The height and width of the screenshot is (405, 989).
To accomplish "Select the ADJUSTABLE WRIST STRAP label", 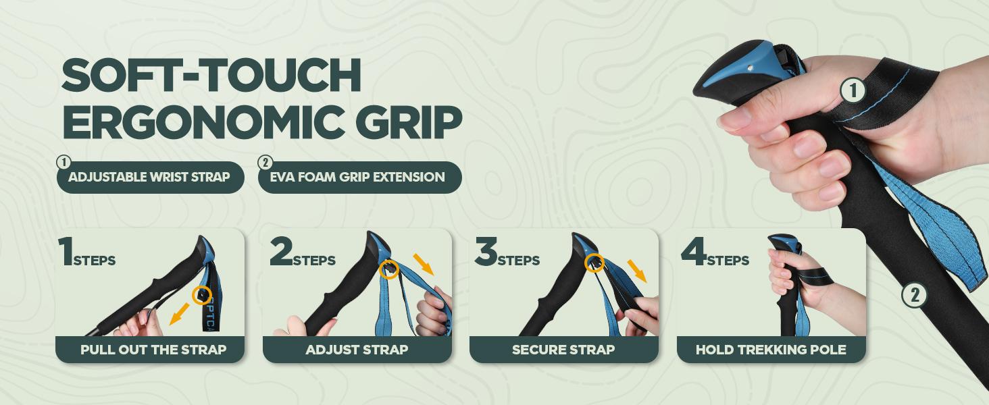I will point(149,178).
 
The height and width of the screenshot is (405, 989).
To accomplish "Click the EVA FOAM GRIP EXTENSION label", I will point(359,178).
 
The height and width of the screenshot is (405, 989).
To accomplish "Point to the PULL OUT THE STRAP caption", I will point(153,350).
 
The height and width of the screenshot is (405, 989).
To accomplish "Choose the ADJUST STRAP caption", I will point(357,350).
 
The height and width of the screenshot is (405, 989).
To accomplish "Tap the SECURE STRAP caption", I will point(563,350).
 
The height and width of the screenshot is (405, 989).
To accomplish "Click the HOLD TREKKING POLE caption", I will point(771,350).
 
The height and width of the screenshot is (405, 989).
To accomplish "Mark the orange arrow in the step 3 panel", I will point(636,270).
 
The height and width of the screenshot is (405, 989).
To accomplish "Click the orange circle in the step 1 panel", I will point(201,294).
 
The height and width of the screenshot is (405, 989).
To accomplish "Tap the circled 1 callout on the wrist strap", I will point(853,90).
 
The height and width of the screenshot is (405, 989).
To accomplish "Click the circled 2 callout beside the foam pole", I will point(914,294).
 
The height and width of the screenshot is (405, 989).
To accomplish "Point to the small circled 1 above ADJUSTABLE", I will point(64,163).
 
